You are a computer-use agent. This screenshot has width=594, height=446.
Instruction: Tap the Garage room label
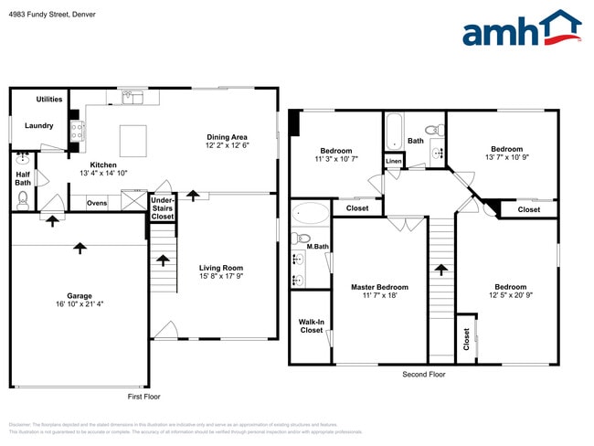(x=79, y=296)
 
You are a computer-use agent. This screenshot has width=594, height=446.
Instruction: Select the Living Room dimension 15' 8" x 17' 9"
(x=221, y=276)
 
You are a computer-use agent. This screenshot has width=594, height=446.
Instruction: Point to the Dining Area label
(x=227, y=136)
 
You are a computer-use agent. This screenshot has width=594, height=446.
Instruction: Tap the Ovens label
(x=97, y=203)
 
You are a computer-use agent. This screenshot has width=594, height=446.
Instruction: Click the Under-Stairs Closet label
(x=163, y=207)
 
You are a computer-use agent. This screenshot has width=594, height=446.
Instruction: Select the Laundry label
(x=38, y=126)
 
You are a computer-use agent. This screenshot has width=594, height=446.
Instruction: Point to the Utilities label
(x=49, y=99)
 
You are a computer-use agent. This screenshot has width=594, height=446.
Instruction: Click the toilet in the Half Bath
(x=23, y=196)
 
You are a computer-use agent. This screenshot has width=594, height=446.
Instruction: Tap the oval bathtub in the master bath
(x=311, y=216)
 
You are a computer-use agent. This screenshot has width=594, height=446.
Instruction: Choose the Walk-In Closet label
(x=311, y=325)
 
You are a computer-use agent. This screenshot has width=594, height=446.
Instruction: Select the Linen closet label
(x=393, y=161)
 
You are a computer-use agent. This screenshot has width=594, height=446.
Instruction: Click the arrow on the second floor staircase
(x=441, y=271)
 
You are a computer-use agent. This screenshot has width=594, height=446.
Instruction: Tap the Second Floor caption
(x=424, y=375)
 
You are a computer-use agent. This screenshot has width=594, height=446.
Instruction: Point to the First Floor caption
(x=143, y=397)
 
